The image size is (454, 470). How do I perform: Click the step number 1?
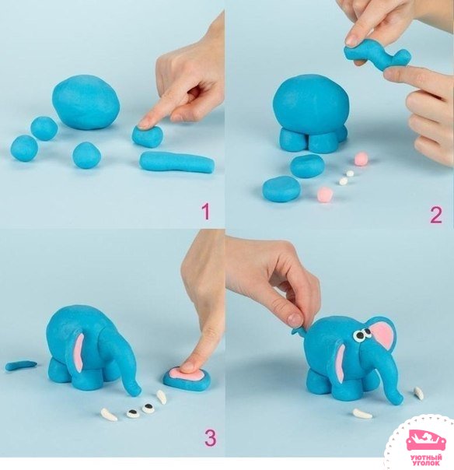click(206, 212)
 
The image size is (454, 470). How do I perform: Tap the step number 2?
click(436, 216)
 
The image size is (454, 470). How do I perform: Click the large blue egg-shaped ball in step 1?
click(86, 102)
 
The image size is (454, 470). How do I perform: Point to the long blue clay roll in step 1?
click(177, 162)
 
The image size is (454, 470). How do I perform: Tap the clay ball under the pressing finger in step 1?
click(148, 136)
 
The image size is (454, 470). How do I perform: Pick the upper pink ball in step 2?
click(361, 159)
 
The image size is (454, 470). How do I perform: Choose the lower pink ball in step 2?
click(325, 194)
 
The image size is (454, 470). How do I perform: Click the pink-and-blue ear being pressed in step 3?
click(187, 378)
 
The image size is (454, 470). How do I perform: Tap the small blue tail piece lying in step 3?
click(21, 365)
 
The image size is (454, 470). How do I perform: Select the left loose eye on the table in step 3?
click(133, 413)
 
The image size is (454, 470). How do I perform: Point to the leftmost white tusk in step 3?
click(110, 415)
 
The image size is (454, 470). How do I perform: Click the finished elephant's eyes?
click(362, 334)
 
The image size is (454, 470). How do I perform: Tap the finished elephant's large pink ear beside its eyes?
click(384, 333)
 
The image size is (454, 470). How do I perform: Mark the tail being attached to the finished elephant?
click(299, 330)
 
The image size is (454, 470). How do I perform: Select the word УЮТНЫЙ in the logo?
click(426, 458)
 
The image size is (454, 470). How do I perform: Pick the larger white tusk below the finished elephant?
click(361, 414)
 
